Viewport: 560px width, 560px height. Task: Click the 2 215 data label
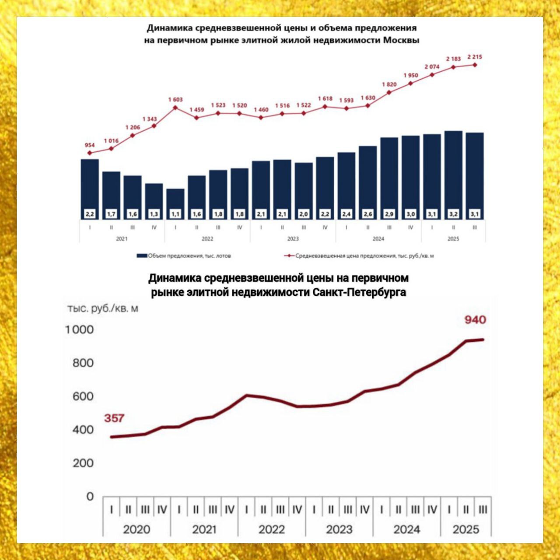pyautogui.click(x=475, y=57)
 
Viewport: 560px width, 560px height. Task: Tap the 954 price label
pyautogui.click(x=89, y=145)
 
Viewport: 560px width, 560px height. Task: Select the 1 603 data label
pyautogui.click(x=175, y=100)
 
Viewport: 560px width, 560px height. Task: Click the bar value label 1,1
pyautogui.click(x=175, y=214)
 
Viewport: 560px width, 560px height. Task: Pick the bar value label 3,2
pyautogui.click(x=453, y=214)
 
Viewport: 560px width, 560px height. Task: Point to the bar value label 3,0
pyautogui.click(x=410, y=214)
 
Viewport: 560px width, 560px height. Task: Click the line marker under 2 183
pyautogui.click(x=453, y=67)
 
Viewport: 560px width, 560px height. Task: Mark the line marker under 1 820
pyautogui.click(x=389, y=92)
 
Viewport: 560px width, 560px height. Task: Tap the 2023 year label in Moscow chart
pyautogui.click(x=293, y=239)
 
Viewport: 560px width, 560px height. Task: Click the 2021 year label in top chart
pyautogui.click(x=122, y=239)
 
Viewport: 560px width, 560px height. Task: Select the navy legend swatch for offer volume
pyautogui.click(x=142, y=256)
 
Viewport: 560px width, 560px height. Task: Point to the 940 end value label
pyautogui.click(x=475, y=320)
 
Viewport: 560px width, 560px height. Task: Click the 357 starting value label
pyautogui.click(x=114, y=418)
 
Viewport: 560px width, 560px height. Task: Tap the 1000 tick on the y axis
pyautogui.click(x=80, y=329)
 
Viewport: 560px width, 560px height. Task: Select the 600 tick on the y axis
pyautogui.click(x=83, y=396)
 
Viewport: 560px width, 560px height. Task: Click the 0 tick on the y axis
pyautogui.click(x=90, y=497)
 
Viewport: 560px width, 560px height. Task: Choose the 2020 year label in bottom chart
pyautogui.click(x=136, y=529)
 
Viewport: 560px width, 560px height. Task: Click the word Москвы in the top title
pyautogui.click(x=401, y=40)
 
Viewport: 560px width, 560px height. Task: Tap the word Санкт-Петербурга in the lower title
pyautogui.click(x=359, y=292)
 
